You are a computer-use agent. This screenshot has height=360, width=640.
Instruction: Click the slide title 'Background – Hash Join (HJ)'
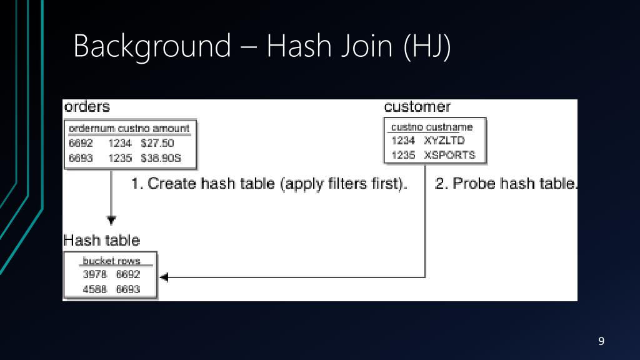point(261,47)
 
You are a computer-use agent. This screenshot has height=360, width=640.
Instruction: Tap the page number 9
point(601,341)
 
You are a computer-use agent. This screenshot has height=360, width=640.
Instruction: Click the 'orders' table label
point(87,107)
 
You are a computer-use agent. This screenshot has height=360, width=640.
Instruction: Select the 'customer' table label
point(417,107)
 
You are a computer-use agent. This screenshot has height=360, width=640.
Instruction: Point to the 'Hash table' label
point(101,240)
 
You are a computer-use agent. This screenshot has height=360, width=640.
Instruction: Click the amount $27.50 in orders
point(157,142)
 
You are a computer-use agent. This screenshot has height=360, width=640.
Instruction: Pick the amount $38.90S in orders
point(161,158)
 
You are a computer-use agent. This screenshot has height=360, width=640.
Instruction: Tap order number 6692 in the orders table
point(81,142)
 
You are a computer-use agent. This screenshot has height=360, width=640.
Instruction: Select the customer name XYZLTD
point(444,141)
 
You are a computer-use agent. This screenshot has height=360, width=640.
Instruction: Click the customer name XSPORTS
point(450,154)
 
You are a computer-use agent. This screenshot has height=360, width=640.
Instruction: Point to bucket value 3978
point(95,274)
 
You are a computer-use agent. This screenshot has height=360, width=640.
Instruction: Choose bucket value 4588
point(95,289)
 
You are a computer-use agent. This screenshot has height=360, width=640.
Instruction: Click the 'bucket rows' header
point(112,261)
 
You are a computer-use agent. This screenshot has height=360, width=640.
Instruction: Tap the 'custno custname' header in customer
point(432,127)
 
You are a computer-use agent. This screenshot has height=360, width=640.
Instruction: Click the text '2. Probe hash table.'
point(506,184)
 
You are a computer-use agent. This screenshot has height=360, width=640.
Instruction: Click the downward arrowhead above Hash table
point(111,219)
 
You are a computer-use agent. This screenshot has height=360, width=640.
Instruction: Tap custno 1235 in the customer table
point(403,154)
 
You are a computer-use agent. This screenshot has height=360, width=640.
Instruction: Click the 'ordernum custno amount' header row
point(129,128)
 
